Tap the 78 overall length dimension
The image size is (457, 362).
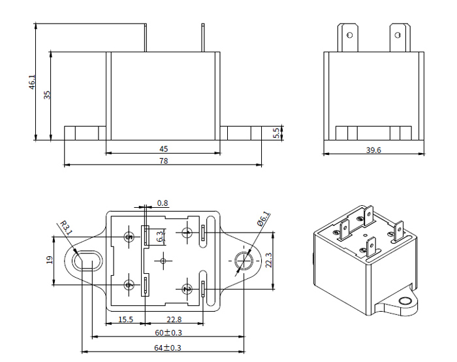coord(163,161)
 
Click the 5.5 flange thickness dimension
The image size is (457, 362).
coord(276,133)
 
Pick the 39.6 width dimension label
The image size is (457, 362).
coord(374,150)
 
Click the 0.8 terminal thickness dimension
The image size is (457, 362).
coord(163,203)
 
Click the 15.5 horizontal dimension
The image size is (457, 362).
coord(125,319)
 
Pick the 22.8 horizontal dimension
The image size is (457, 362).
coord(173,319)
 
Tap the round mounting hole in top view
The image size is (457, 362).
coord(243,261)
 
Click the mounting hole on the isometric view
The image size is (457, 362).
coord(405,301)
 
